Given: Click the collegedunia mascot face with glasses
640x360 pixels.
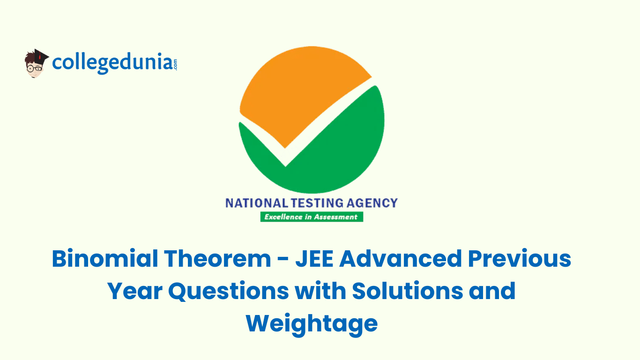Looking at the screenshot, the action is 34,67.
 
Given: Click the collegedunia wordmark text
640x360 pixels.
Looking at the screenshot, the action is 112,63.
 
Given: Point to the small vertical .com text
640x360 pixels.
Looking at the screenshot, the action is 175,64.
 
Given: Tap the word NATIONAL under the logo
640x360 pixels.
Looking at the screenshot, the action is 257,203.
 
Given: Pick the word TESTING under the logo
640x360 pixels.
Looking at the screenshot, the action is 317,203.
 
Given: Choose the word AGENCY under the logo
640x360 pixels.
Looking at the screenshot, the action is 372,203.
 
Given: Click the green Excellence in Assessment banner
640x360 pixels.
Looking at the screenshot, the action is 312,217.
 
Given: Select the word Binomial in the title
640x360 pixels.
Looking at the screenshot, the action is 105,258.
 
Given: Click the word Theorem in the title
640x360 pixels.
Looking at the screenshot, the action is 217,258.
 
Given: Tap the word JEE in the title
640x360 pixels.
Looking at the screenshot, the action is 314,259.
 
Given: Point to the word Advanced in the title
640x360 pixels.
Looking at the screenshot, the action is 400,258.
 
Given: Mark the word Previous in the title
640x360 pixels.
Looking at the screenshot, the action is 519,258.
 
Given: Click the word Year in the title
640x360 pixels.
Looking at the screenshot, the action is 135,291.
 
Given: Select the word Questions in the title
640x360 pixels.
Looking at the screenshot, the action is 229,292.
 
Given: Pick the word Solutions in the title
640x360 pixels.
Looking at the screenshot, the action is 408,291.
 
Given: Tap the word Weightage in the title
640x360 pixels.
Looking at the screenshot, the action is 312,324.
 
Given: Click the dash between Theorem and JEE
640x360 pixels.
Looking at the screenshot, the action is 283,260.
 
